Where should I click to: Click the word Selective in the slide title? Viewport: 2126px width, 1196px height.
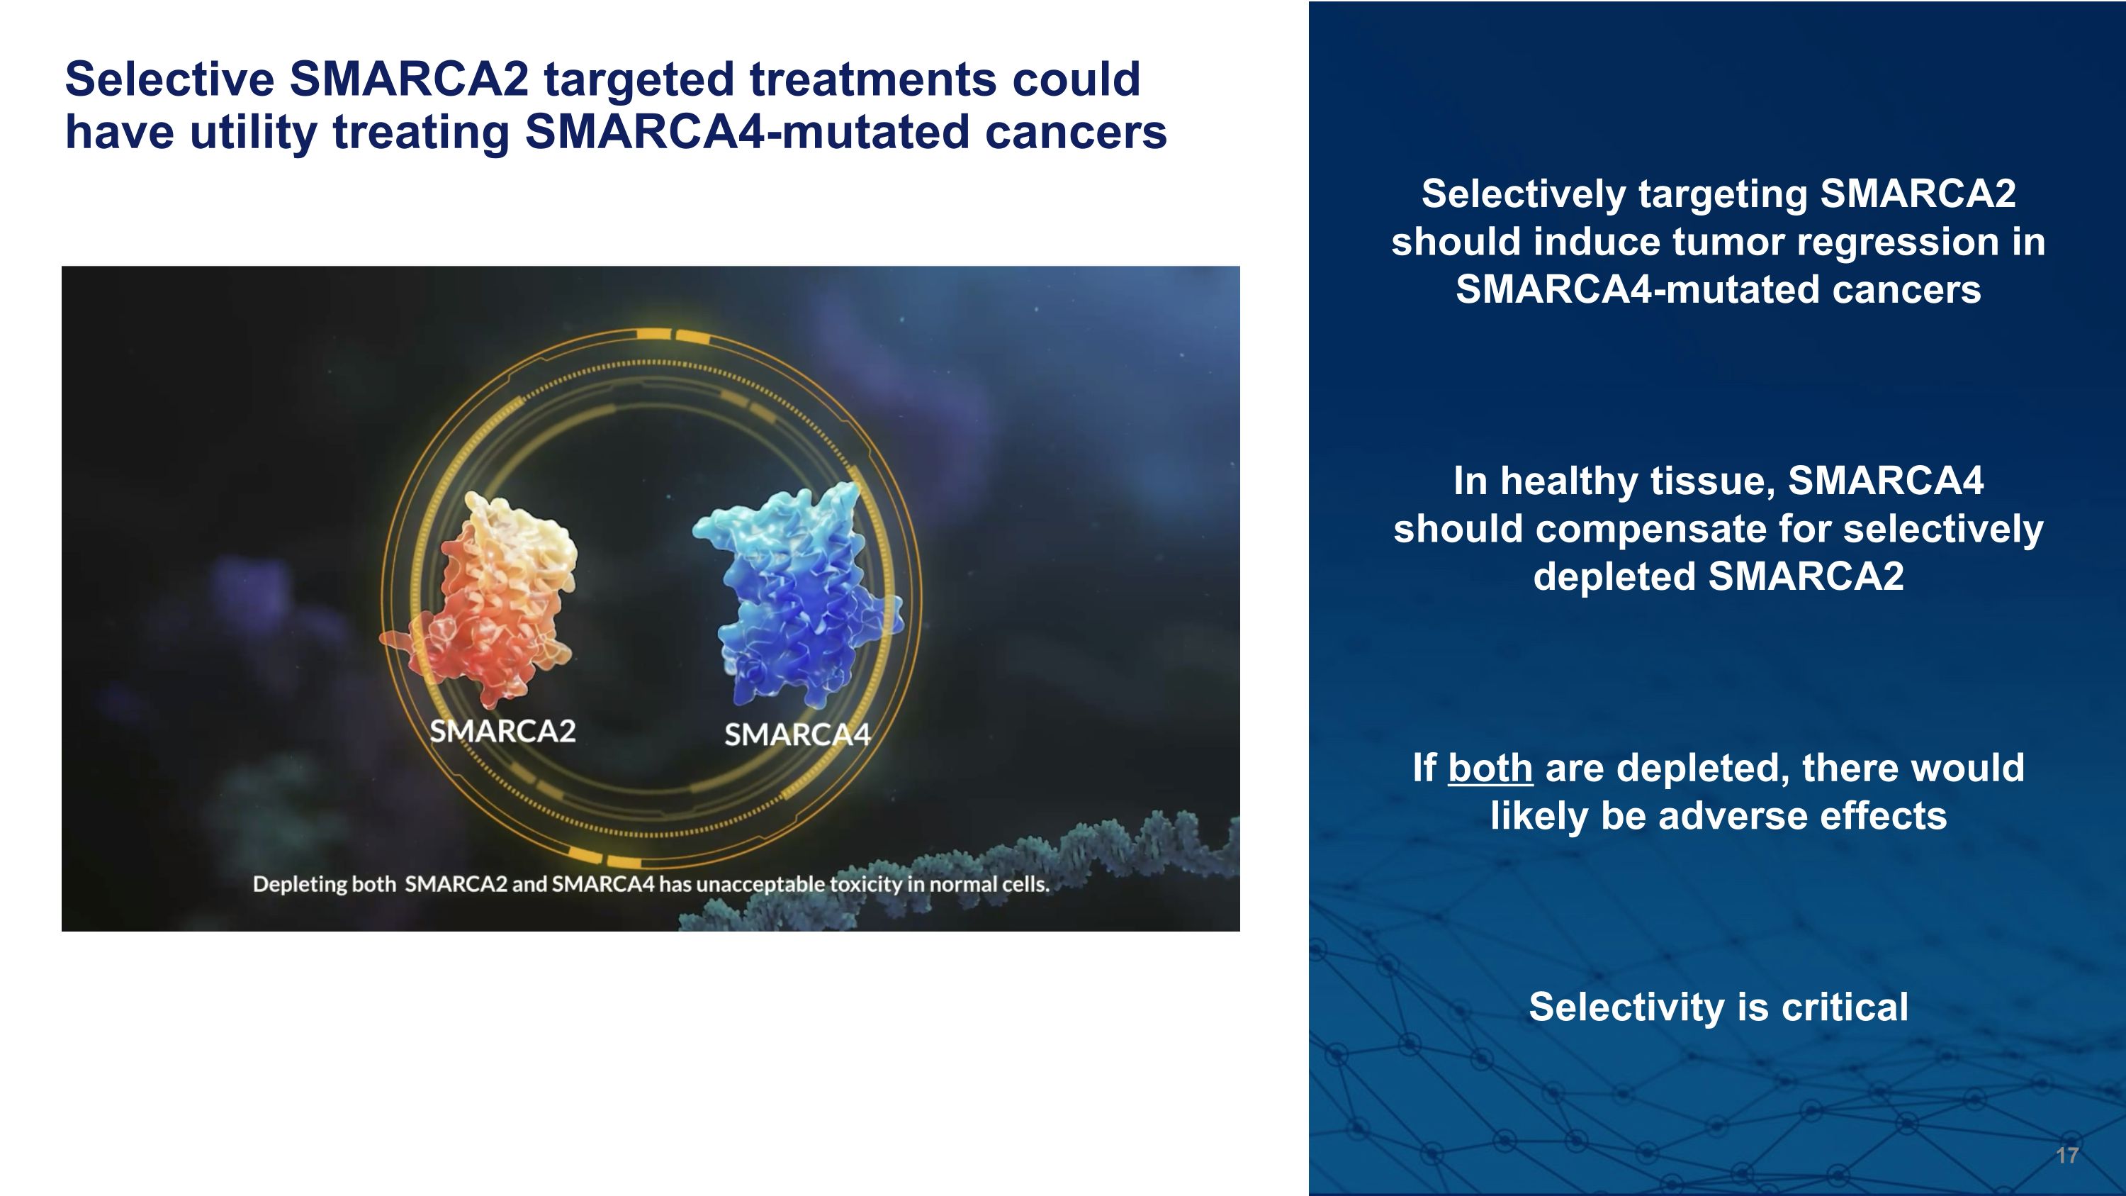click(169, 80)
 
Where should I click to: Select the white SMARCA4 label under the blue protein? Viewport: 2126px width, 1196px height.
click(797, 734)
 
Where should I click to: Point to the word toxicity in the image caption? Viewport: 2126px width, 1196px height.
click(866, 885)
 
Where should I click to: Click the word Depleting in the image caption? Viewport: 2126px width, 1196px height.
click(300, 885)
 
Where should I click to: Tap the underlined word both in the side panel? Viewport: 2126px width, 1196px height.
click(1490, 769)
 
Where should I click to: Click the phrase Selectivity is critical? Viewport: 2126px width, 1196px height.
click(1719, 1007)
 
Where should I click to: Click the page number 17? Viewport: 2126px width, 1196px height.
click(2066, 1156)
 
